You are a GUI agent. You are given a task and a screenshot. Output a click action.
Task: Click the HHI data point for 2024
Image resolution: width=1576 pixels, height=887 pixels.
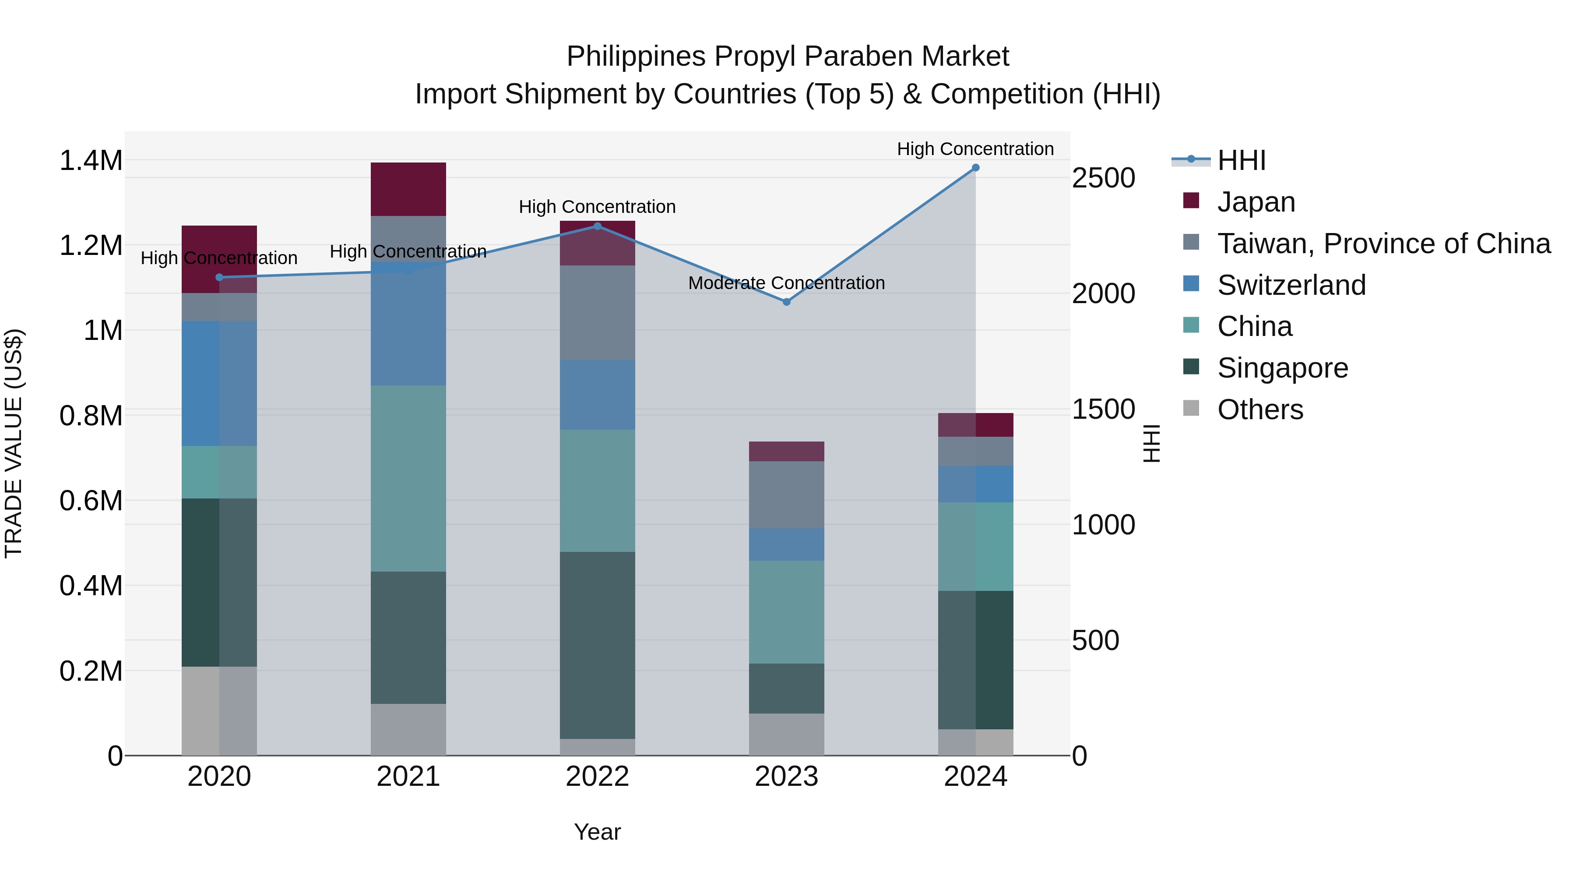tap(976, 168)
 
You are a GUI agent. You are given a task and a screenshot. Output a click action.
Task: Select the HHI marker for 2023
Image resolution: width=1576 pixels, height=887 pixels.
tap(787, 302)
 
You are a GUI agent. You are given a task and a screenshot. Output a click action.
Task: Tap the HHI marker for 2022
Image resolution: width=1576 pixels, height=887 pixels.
tap(598, 226)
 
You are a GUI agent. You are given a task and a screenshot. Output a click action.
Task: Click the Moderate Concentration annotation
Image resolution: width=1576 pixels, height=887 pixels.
tap(786, 283)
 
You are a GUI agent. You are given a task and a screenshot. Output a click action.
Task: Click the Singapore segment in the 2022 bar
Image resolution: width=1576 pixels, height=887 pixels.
tap(598, 645)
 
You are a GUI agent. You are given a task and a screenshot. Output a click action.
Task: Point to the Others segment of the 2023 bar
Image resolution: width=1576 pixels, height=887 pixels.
tap(786, 734)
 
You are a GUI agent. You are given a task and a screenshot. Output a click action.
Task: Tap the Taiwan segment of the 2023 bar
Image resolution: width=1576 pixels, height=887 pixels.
tap(786, 495)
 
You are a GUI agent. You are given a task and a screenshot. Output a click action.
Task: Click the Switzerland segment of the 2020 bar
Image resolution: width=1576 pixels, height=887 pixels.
tap(219, 383)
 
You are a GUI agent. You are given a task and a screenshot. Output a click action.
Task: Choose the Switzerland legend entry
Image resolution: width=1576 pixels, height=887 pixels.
tap(1291, 285)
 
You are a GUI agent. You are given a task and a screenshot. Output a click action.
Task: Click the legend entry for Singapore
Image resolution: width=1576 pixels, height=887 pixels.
tap(1282, 368)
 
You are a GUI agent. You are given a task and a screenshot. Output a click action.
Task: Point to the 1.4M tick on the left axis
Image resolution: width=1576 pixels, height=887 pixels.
tap(91, 161)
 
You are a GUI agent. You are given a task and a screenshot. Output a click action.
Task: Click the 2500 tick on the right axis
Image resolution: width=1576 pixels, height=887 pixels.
tap(1103, 178)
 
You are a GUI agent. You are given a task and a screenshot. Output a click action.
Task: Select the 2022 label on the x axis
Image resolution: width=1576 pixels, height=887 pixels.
tap(597, 777)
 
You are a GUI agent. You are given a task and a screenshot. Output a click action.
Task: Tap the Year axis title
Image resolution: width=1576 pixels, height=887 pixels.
tap(597, 832)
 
